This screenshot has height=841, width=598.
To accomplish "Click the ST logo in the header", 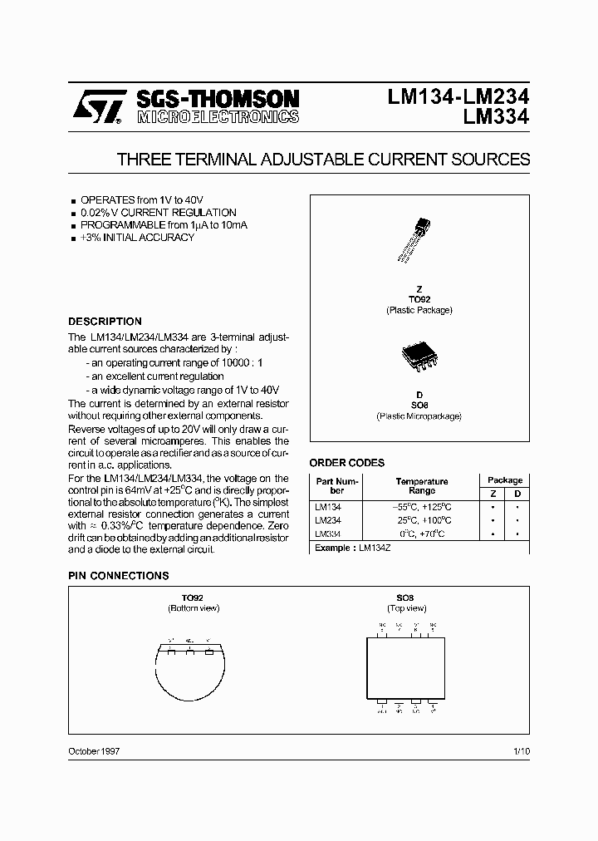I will [x=97, y=107].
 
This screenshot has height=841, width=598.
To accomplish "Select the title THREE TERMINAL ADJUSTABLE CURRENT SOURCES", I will [x=323, y=159].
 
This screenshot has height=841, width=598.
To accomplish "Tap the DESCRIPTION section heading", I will [x=105, y=322].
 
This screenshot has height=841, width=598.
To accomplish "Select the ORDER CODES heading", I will [x=346, y=463].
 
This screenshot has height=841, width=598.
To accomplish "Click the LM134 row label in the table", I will [x=327, y=506].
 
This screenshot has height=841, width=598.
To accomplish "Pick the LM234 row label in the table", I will [x=327, y=519].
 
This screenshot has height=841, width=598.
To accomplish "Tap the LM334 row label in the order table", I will [x=327, y=534].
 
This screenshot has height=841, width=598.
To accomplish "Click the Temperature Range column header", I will [x=421, y=486].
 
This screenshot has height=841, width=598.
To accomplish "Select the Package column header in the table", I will [x=504, y=480].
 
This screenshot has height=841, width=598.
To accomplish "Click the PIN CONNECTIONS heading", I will [x=118, y=576].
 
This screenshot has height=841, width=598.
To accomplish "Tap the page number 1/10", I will [x=521, y=751].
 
